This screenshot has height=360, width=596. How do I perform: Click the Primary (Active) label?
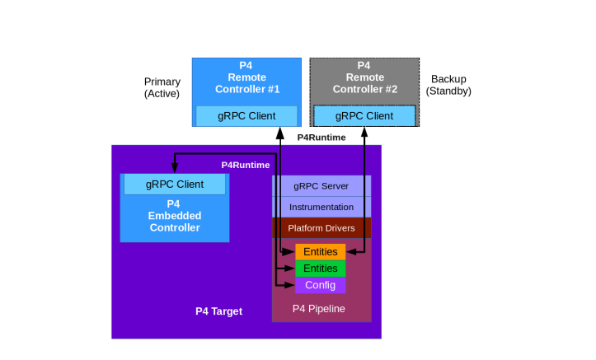coord(162,87)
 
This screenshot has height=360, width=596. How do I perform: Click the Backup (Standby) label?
coord(448,85)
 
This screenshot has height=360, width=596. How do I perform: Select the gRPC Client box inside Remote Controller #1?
coord(246,116)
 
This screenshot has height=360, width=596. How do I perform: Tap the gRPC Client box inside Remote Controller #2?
coord(364,116)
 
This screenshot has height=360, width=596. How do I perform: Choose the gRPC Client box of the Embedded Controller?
coord(175,185)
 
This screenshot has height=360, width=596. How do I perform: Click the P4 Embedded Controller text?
coord(174,216)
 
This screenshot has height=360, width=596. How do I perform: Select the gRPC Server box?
coord(321,185)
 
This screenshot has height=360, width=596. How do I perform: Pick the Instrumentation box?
coord(321,207)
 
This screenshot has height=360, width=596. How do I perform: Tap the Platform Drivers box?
coord(321,228)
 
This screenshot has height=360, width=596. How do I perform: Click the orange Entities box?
coord(321,251)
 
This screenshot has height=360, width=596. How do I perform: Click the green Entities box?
coord(321,269)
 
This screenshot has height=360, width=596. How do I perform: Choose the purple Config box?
coord(321,285)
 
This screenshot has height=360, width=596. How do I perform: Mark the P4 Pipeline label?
coord(319,309)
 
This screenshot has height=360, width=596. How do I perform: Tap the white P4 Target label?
coord(218,311)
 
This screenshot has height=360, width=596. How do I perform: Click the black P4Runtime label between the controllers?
coord(321,138)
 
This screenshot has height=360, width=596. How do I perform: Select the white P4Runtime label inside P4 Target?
coord(245,165)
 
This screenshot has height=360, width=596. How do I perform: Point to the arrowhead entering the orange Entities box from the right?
coord(350,251)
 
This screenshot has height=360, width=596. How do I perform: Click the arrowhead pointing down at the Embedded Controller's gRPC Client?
coord(174,170)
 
